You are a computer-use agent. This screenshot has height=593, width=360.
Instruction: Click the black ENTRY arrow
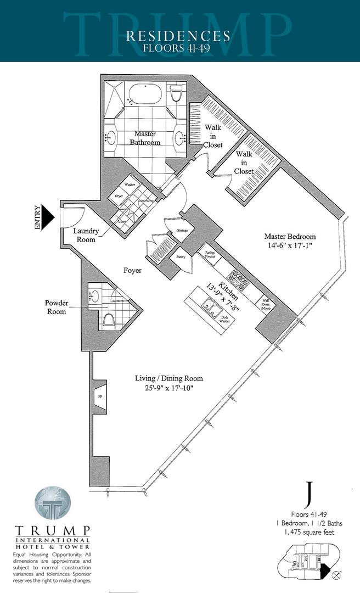48,216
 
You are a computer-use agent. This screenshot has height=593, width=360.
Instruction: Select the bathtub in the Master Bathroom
144,95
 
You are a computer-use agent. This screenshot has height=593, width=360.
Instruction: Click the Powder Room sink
92,297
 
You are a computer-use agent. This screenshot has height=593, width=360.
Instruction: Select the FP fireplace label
100,396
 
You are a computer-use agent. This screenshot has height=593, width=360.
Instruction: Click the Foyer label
132,271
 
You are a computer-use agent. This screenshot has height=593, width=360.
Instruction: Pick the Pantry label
179,256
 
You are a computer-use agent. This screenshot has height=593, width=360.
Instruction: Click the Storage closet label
182,230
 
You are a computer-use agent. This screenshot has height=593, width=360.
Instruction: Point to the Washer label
130,184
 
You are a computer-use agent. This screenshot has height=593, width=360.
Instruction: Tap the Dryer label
117,195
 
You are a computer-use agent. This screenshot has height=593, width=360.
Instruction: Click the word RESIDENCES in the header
178,36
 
